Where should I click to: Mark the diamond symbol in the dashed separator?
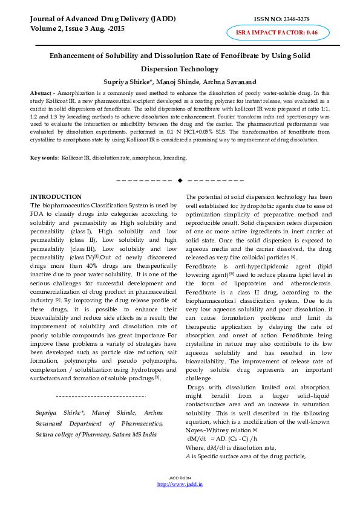click(x=180, y=180)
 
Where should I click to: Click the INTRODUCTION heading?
click(x=56, y=197)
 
